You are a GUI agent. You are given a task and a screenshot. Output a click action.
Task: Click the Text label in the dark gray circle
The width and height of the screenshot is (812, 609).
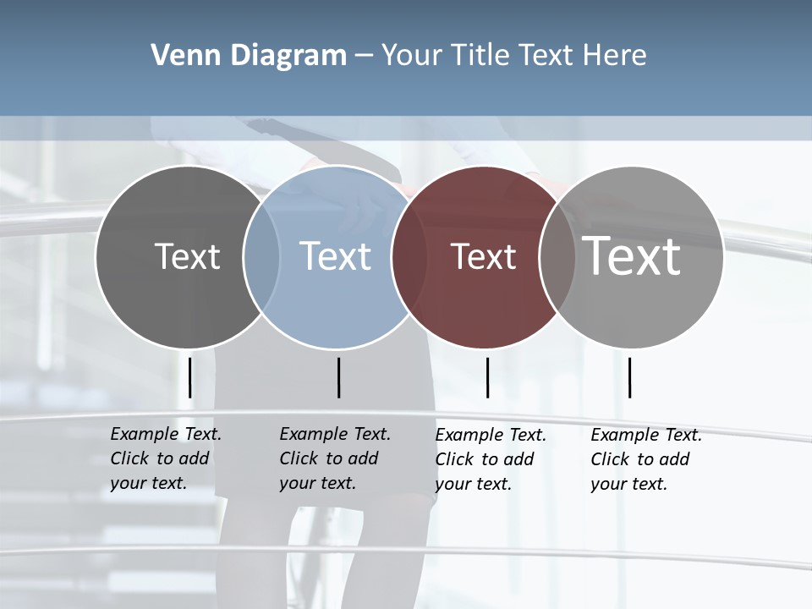pyautogui.click(x=187, y=256)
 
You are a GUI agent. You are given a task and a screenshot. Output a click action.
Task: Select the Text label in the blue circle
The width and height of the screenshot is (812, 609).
pyautogui.click(x=335, y=256)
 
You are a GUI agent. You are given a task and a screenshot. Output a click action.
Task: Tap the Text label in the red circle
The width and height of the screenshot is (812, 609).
pyautogui.click(x=483, y=256)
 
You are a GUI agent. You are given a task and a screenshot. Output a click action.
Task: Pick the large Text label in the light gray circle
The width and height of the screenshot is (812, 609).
pyautogui.click(x=632, y=255)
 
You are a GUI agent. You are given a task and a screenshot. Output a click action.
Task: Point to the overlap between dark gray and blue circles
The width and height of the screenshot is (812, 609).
pyautogui.click(x=261, y=257)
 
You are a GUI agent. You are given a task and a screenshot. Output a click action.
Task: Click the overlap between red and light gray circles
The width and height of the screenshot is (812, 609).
pyautogui.click(x=557, y=257)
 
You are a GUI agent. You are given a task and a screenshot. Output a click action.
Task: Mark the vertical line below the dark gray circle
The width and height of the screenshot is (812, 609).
pyautogui.click(x=189, y=377)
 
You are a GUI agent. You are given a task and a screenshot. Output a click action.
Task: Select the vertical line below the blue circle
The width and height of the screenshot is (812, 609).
pyautogui.click(x=338, y=377)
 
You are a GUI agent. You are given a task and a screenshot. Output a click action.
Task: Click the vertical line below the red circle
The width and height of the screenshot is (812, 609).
pyautogui.click(x=487, y=377)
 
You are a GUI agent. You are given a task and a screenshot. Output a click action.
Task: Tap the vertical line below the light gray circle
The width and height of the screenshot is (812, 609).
pyautogui.click(x=629, y=377)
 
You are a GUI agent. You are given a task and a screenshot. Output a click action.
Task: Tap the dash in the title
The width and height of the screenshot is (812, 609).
pyautogui.click(x=364, y=56)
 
